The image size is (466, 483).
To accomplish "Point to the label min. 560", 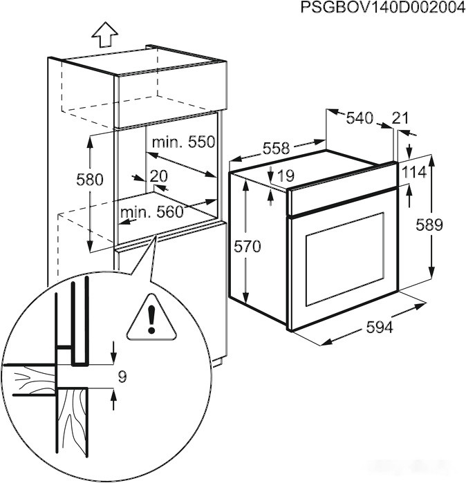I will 152,211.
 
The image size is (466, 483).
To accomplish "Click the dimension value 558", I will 276,147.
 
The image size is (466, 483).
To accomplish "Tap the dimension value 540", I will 359,118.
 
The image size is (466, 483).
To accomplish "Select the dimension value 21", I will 400,118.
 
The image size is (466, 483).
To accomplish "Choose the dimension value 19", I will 285,177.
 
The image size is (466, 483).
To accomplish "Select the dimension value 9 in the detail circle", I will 122,377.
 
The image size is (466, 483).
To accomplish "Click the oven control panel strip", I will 341,196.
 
